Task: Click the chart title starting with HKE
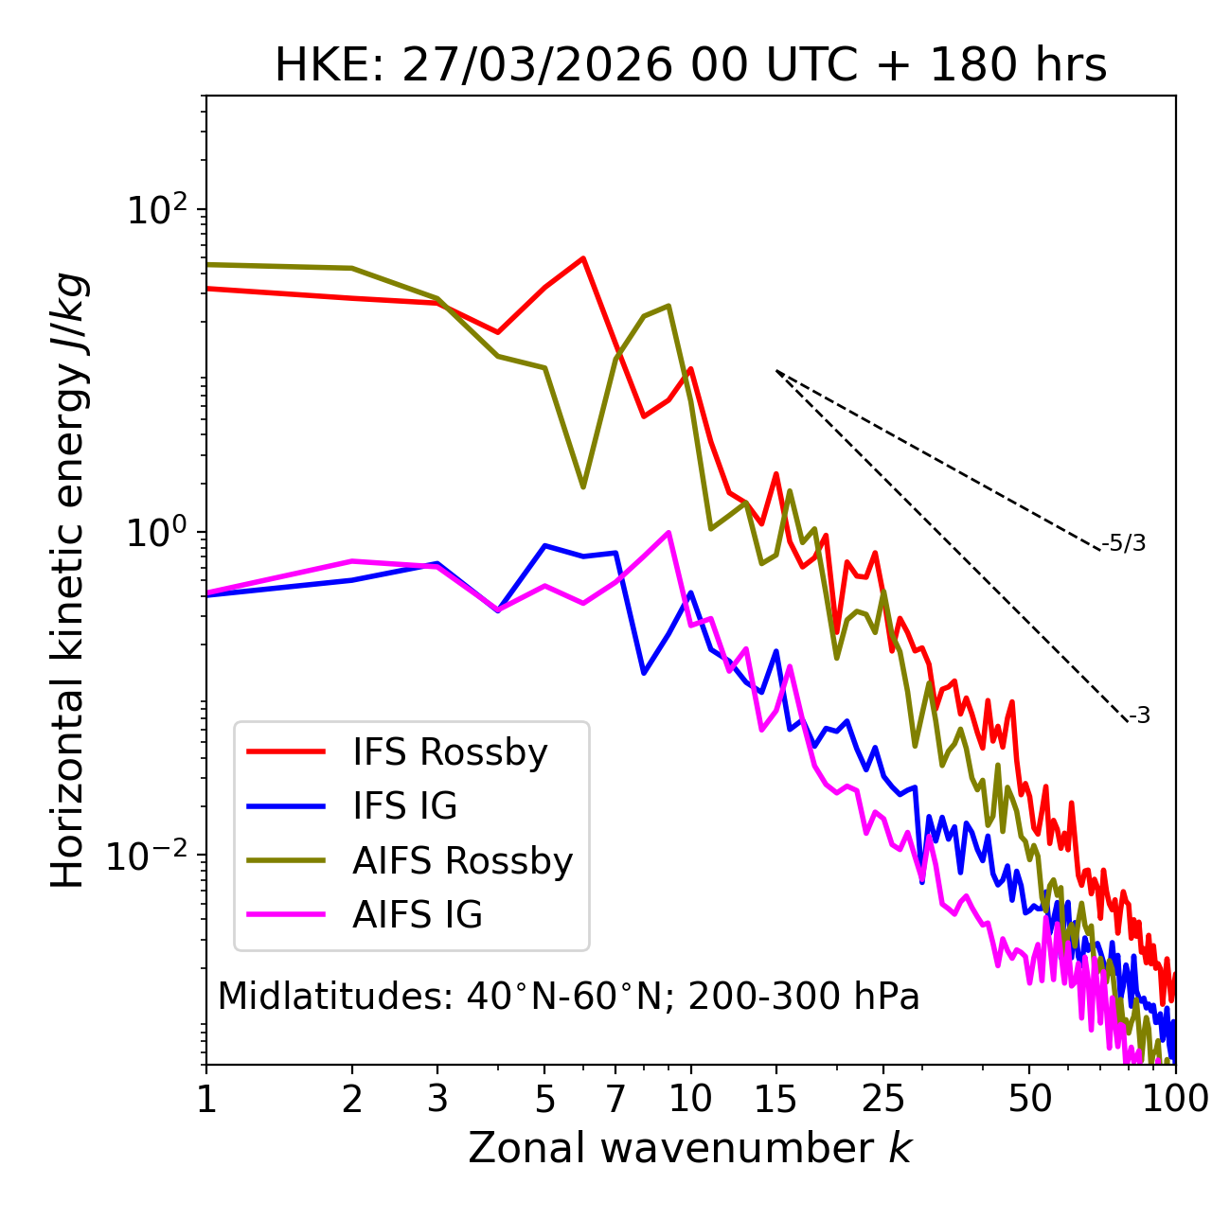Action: point(690,65)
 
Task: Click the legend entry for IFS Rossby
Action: point(450,752)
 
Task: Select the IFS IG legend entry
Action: point(404,806)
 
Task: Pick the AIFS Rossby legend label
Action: point(462,861)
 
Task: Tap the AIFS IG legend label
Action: point(418,915)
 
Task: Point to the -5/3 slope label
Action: point(1124,543)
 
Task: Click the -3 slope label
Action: point(1139,715)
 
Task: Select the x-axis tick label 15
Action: point(775,1099)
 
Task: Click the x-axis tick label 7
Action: point(615,1099)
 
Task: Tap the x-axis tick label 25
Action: point(883,1099)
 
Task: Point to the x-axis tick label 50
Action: point(1029,1099)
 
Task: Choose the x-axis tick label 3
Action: point(437,1099)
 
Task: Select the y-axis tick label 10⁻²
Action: point(151,856)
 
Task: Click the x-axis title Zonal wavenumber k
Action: point(690,1148)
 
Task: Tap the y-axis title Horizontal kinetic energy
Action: point(69,580)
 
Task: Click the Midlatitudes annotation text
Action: point(568,997)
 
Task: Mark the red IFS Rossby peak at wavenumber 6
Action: point(583,257)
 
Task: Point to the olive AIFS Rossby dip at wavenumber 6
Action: point(583,486)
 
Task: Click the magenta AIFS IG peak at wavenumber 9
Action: point(668,532)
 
